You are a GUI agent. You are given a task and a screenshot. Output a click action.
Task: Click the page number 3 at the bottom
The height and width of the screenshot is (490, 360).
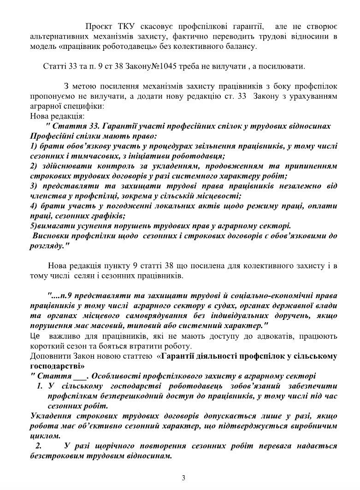[x=183, y=478]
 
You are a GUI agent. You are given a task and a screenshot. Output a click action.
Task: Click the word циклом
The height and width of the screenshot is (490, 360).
[x=45, y=436]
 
